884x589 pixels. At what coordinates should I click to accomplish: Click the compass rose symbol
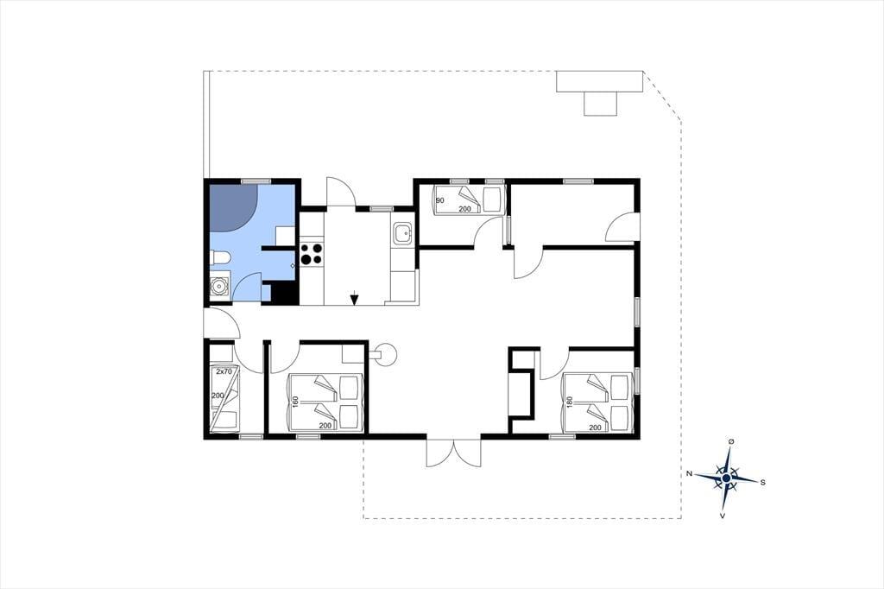(x=726, y=478)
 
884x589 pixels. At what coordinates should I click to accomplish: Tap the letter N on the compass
(x=689, y=474)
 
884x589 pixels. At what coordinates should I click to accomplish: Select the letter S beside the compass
(x=763, y=483)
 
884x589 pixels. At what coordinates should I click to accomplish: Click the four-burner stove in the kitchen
(x=311, y=254)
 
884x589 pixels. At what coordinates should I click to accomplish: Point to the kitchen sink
(x=402, y=233)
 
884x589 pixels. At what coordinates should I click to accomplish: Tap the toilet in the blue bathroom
(x=220, y=258)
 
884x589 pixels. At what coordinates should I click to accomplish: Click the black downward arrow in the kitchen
(x=353, y=298)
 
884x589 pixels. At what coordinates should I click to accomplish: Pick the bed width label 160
(x=295, y=402)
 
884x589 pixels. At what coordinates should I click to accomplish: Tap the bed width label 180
(x=570, y=402)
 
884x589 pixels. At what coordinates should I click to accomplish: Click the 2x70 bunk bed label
(x=224, y=371)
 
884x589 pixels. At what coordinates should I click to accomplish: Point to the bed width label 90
(x=440, y=200)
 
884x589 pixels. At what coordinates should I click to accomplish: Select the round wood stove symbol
(x=387, y=355)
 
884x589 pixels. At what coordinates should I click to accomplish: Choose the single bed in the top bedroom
(x=467, y=199)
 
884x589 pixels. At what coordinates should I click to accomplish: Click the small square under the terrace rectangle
(x=601, y=104)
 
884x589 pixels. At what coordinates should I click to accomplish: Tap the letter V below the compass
(x=723, y=516)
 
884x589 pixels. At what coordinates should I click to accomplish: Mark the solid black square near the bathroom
(x=284, y=292)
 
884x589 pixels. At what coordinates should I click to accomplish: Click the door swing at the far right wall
(x=622, y=227)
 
